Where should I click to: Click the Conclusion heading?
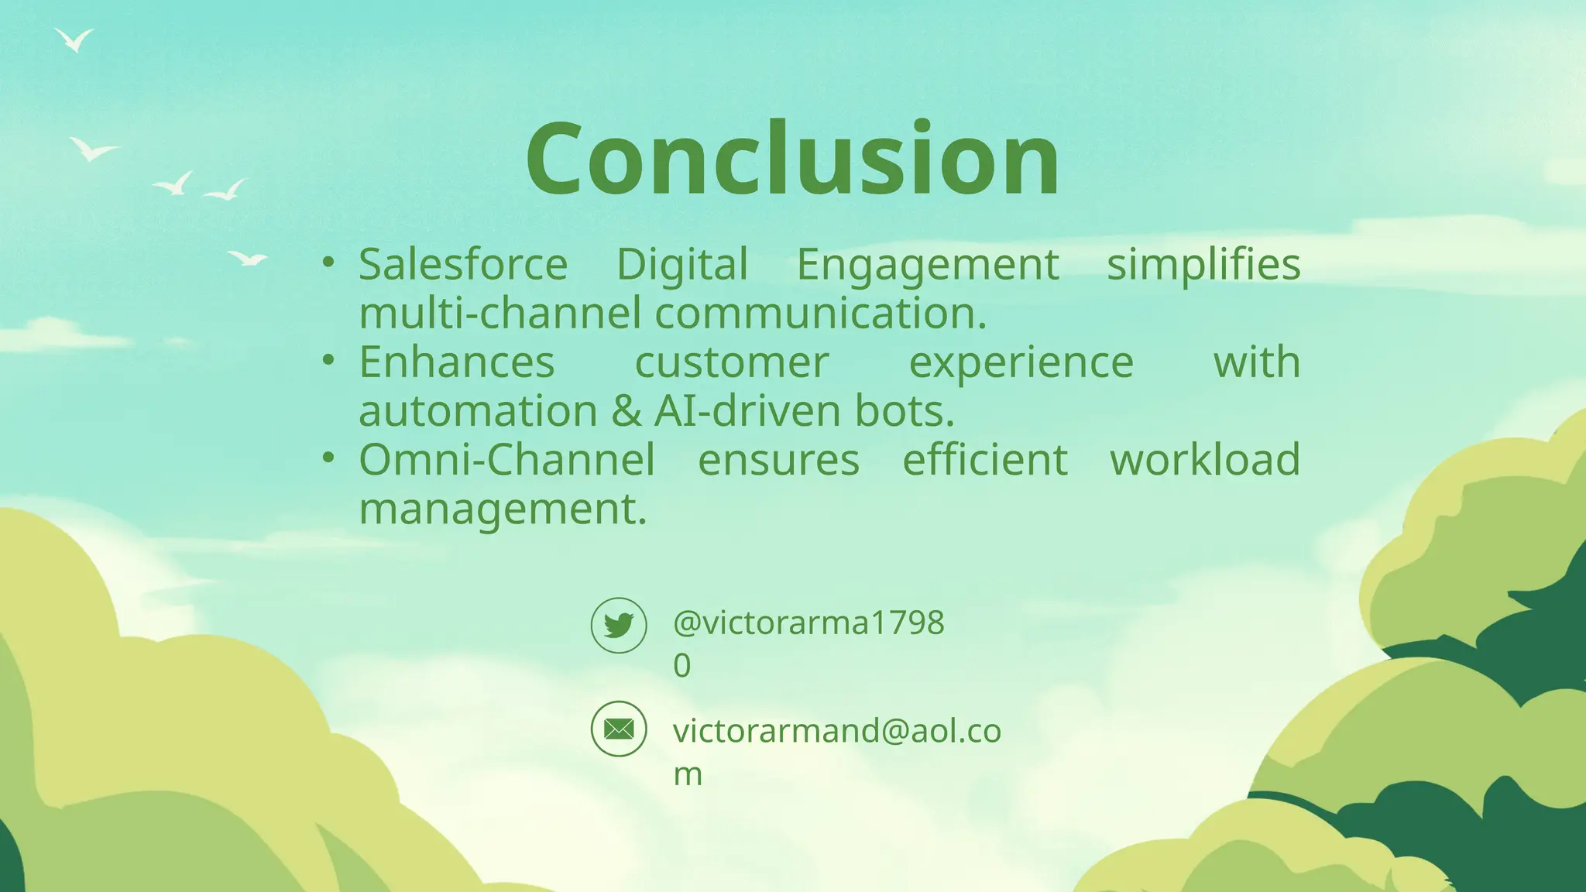[792, 160]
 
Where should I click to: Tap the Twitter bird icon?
[619, 625]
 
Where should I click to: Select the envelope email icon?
[619, 729]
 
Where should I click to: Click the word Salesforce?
[463, 265]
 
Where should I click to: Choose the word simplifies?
[1203, 265]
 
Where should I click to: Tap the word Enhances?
[457, 362]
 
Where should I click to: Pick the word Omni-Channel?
[507, 460]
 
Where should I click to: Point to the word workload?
[1204, 460]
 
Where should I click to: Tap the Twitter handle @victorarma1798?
[808, 623]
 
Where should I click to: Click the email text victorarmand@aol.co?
[836, 731]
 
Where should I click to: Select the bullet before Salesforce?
[329, 262]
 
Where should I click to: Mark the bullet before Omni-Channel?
[329, 458]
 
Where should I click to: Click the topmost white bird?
[75, 39]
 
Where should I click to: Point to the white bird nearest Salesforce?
[248, 258]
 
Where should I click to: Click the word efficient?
[985, 460]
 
